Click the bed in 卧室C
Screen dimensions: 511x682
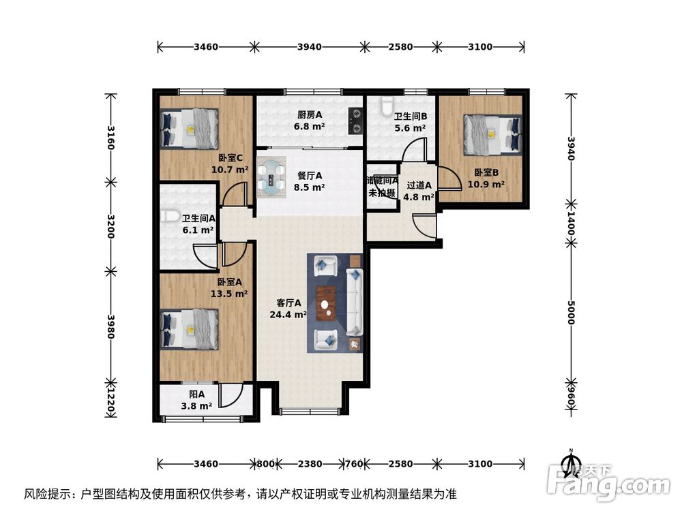[189, 128]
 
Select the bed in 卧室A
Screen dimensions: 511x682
[189, 328]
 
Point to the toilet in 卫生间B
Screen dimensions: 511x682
[385, 108]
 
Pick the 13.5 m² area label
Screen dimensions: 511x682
[229, 294]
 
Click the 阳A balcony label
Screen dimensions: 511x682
[196, 394]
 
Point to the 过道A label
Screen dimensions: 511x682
[419, 185]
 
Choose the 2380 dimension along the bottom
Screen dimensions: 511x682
[309, 464]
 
